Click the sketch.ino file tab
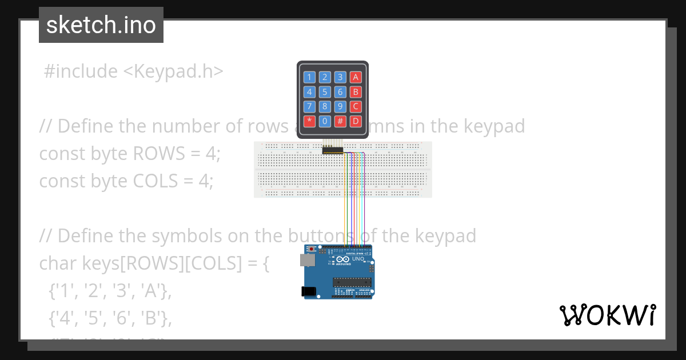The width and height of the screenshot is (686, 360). (x=101, y=25)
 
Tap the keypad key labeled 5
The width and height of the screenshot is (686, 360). (x=325, y=91)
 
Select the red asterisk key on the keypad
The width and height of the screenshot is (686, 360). (x=309, y=121)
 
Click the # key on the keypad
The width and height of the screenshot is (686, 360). (x=340, y=121)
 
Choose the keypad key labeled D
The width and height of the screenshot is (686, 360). (x=356, y=121)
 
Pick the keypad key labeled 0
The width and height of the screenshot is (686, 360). (x=325, y=121)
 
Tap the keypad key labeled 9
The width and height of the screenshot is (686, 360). (x=340, y=106)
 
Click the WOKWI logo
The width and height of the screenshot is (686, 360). (x=607, y=315)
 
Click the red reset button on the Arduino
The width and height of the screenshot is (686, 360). (x=311, y=250)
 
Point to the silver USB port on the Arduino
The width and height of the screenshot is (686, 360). (x=307, y=261)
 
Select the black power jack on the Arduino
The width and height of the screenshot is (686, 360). (x=309, y=291)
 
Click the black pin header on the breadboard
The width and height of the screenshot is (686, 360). (x=332, y=150)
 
